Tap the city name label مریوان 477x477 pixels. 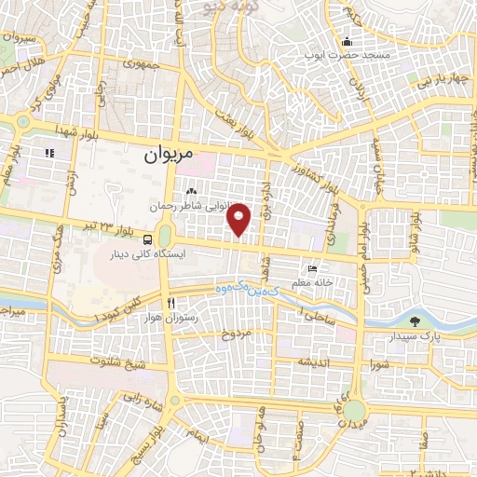(170, 156)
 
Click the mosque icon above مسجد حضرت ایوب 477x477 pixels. (348, 41)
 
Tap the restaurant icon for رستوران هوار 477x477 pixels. (170, 303)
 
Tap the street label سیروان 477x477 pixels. (19, 40)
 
